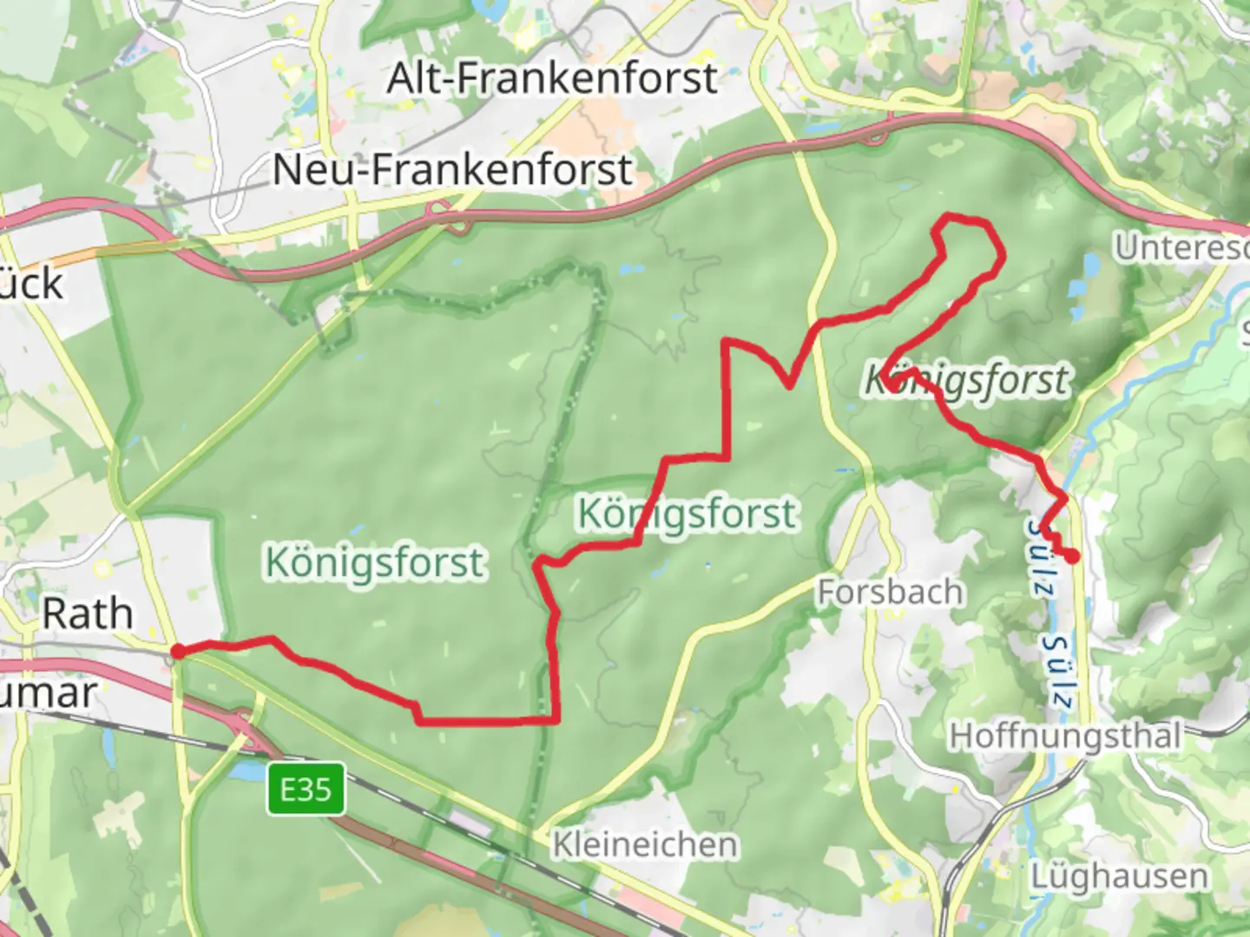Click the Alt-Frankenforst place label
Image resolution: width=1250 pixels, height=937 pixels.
coord(552,79)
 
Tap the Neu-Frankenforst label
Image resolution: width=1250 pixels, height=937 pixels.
coord(451,169)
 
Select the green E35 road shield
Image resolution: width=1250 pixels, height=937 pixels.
coord(306,790)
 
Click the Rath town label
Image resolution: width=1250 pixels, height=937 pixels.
coord(88,614)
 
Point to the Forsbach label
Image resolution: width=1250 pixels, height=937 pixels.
coord(890,593)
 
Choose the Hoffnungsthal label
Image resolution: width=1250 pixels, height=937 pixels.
coord(1065,737)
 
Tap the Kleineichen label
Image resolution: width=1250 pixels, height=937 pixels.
coord(646,844)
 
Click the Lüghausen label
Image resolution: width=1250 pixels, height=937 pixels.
coord(1119,876)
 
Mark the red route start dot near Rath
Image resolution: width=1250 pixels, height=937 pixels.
coord(177,651)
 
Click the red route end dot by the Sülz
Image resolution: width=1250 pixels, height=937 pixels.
coord(1074,556)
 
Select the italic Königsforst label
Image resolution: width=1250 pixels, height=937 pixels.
coord(967,381)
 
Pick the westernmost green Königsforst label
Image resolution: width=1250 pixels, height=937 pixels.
coord(374,563)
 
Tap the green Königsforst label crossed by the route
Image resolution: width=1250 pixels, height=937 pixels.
coord(687,514)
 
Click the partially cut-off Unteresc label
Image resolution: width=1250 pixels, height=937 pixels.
coord(1181,248)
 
